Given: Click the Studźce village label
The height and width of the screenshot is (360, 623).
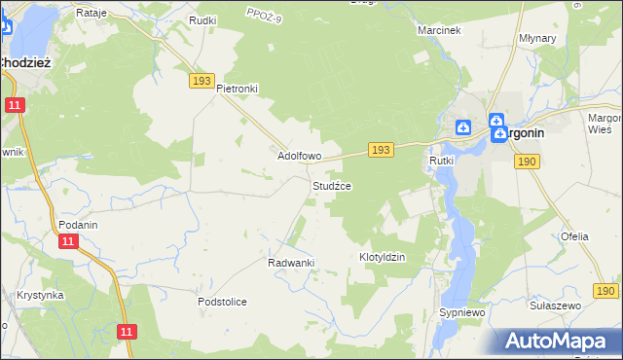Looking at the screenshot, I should pos(332,185).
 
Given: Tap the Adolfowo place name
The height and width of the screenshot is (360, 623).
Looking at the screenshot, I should pos(300,156).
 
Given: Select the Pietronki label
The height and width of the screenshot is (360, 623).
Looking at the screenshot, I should pos(237,88).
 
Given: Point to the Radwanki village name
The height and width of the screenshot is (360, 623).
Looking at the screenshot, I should pos(291,263).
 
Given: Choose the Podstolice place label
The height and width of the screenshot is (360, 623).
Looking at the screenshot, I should pos(222,302).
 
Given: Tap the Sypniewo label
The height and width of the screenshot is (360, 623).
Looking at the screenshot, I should pos(461,313).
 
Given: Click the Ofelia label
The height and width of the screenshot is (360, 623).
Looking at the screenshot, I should pos(574,236).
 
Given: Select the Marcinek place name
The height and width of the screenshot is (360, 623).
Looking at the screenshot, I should pos(438,30).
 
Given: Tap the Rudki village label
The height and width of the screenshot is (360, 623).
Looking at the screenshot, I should pos(203,19).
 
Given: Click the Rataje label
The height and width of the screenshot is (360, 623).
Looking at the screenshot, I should pos(91,14).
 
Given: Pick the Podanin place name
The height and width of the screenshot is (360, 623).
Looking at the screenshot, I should pos(78,224).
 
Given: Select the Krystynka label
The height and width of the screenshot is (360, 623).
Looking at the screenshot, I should pos(40,295).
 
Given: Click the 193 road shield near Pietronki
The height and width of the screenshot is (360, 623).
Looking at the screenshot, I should pos(202,82).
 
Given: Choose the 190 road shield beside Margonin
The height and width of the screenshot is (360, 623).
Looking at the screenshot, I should pos(528,162).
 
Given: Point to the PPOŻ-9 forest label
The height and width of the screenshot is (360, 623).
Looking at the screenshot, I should pos(264,13).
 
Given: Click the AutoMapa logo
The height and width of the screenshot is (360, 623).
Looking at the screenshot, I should pos(562,341).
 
